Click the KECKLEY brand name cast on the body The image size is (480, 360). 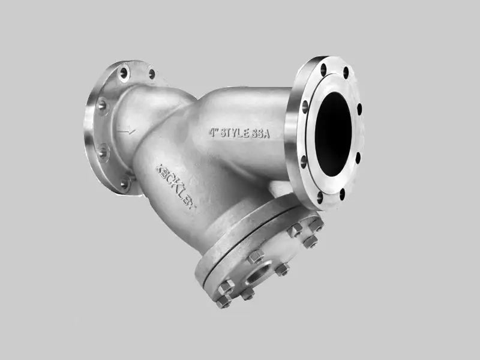click(176, 187)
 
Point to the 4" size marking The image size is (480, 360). click(214, 132)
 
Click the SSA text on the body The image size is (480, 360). click(260, 134)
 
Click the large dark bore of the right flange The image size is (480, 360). click(333, 134)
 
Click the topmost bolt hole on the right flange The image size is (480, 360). click(323, 70)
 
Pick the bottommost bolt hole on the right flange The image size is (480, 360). click(342, 194)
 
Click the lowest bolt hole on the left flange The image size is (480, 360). click(125, 184)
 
